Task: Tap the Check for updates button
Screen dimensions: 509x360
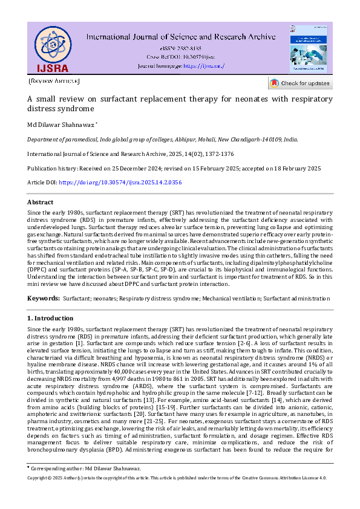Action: click(300, 83)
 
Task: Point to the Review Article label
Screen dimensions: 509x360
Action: click(54, 80)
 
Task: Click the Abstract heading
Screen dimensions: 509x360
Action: click(41, 202)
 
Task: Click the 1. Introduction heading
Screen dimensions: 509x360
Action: click(50, 318)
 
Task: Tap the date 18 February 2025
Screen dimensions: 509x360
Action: click(294, 167)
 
